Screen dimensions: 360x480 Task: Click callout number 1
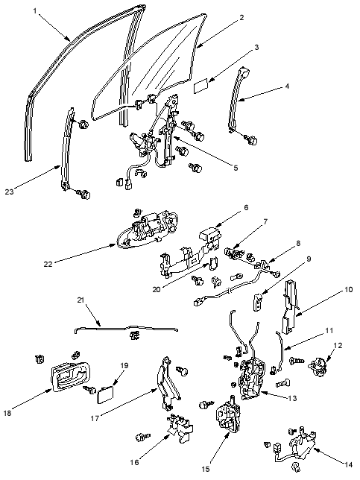(x=35, y=11)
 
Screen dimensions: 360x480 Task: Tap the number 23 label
(x=9, y=192)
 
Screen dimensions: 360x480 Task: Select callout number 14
(x=348, y=464)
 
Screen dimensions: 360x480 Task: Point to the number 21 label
(x=80, y=300)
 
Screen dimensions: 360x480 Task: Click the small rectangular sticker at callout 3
(x=201, y=85)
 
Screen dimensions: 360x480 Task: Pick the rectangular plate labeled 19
(x=105, y=394)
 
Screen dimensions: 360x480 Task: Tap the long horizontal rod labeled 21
(x=126, y=329)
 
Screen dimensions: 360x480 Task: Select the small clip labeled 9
(x=257, y=302)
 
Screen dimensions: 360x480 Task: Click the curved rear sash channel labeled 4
(x=238, y=99)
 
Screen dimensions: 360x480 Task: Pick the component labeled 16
(x=180, y=428)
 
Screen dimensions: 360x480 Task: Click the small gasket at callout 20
(x=213, y=263)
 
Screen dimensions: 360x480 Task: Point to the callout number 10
(x=349, y=289)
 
